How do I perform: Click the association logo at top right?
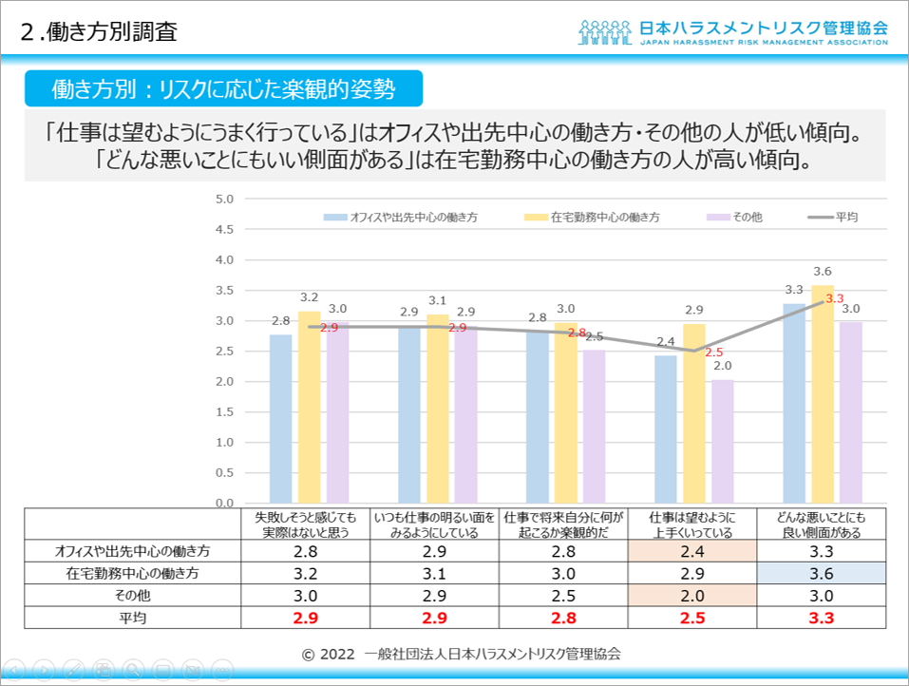point(732,31)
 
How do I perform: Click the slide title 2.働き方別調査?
point(99,30)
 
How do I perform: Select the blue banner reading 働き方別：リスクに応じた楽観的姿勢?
point(223,88)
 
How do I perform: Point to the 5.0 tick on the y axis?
point(224,200)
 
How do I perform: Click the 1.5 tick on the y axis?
point(224,412)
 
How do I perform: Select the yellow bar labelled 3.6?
point(823,393)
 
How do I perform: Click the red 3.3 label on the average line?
point(835,298)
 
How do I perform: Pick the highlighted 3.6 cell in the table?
point(822,573)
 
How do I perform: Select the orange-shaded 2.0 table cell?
point(691,596)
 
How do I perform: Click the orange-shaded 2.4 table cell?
point(691,551)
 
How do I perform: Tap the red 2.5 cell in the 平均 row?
point(691,618)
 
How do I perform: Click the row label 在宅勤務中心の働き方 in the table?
point(133,573)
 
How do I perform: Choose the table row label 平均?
point(133,618)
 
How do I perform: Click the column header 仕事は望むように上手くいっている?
point(691,524)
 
